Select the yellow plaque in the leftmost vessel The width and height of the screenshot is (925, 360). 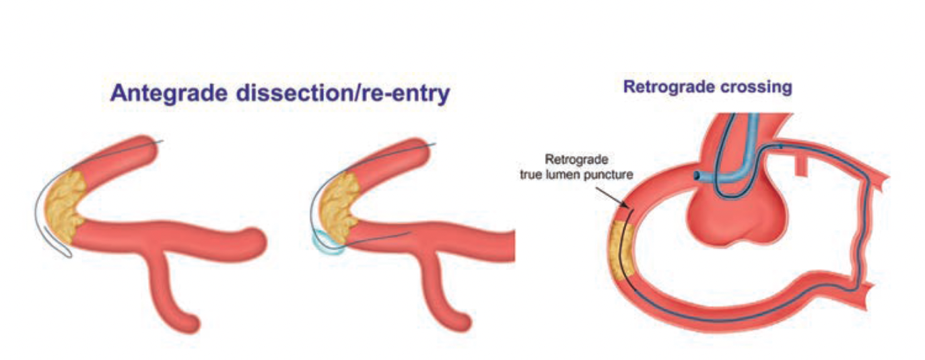coord(65,201)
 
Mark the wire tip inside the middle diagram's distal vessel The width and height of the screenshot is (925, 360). coord(409,233)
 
